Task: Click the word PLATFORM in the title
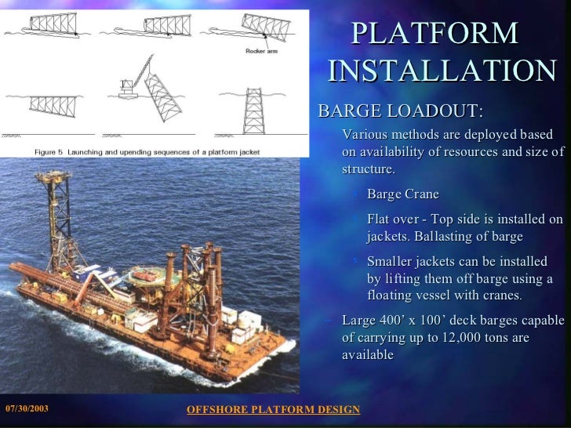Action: [435, 33]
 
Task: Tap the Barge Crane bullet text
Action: [402, 194]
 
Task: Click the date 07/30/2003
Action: [27, 409]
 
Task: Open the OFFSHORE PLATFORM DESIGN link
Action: [273, 410]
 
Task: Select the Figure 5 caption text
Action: [147, 151]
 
